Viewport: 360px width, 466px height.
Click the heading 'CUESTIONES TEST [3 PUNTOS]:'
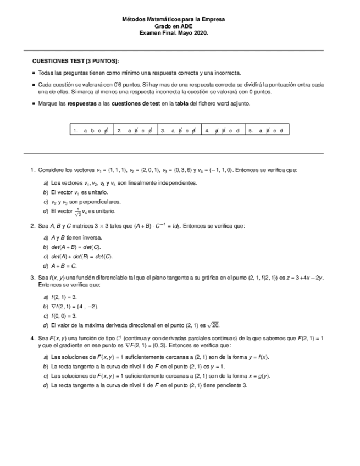click(75, 61)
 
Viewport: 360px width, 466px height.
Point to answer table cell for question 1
click(91, 130)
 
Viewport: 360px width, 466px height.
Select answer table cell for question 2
click(135, 130)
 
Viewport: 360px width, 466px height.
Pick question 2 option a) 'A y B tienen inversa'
click(76, 237)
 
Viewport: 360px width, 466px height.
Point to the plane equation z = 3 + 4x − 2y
click(301, 278)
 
